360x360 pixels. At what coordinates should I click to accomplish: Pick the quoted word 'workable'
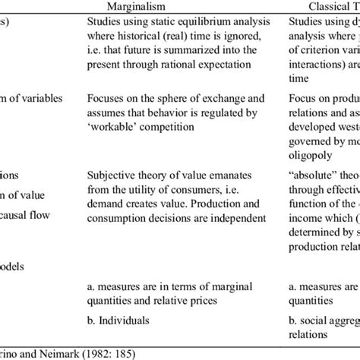(109, 125)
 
